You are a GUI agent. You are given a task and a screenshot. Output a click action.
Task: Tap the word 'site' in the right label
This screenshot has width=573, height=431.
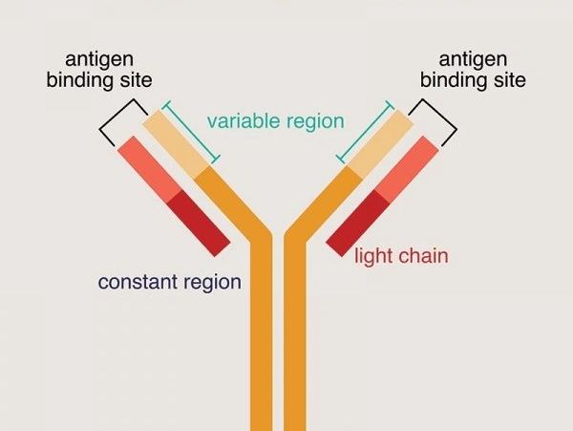[x=507, y=80]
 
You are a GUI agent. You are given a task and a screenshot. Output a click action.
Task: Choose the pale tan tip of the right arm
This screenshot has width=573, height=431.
[x=379, y=145]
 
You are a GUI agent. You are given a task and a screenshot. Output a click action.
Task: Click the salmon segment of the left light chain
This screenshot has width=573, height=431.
[x=147, y=169]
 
